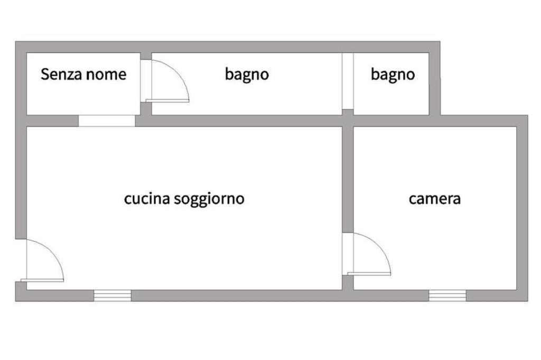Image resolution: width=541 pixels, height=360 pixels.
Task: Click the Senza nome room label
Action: coord(83,74)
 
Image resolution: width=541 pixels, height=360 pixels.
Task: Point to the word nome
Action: coord(106,74)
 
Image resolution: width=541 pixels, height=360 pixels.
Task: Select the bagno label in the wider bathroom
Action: coord(247,74)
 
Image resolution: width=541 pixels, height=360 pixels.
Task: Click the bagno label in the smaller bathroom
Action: coord(393,74)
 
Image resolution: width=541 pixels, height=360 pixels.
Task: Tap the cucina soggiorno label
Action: coord(184,199)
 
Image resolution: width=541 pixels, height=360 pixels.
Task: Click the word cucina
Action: coord(147,199)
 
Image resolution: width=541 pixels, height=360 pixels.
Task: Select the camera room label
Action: coord(435,199)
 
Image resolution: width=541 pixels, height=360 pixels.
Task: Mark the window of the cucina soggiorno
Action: coord(113,296)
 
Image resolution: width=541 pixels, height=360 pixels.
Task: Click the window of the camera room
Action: coord(447,296)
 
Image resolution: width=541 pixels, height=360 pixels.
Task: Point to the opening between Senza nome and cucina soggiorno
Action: coord(107,121)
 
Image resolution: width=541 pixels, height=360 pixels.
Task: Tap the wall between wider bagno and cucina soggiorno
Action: coord(238,121)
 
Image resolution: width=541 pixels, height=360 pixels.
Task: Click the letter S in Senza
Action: coord(45,74)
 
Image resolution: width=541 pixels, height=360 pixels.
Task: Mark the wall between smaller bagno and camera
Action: coord(391,121)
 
